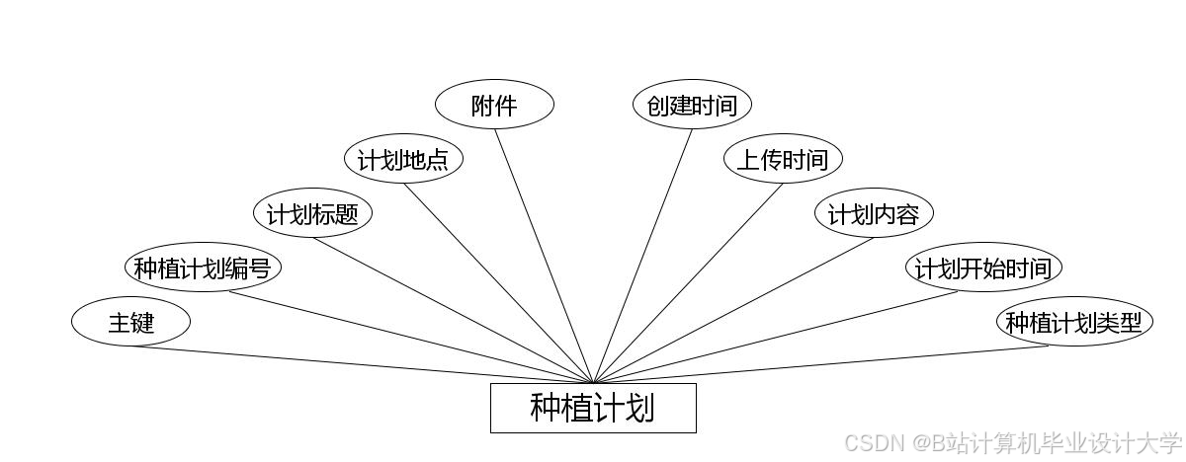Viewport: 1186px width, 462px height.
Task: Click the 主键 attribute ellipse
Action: [130, 322]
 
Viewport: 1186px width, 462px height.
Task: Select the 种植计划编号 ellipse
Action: [203, 268]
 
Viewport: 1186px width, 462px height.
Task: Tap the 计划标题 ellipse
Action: [312, 213]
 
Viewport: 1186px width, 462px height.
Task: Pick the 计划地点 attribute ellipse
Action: [403, 159]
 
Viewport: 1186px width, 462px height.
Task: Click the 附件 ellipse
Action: [494, 105]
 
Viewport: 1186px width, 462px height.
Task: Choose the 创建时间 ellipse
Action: [692, 105]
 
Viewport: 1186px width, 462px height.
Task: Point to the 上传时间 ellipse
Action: [783, 159]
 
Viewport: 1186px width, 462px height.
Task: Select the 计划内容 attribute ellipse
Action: [874, 213]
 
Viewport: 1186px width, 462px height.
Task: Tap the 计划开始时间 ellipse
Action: [984, 268]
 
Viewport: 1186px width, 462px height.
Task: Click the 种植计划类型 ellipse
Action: [1074, 322]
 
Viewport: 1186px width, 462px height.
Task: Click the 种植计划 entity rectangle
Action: [593, 408]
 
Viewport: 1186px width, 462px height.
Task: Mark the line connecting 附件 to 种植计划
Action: [544, 256]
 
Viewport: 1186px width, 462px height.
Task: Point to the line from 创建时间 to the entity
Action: [642, 256]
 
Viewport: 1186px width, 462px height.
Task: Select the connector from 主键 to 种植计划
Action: [362, 364]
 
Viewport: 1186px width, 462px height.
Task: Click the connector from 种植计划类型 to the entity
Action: [820, 364]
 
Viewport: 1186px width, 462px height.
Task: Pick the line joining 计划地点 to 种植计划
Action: [498, 283]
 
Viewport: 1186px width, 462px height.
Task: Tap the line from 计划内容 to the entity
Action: [733, 310]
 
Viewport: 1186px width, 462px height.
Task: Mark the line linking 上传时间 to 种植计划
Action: [688, 283]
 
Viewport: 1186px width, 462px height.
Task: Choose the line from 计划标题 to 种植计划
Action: [453, 310]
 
